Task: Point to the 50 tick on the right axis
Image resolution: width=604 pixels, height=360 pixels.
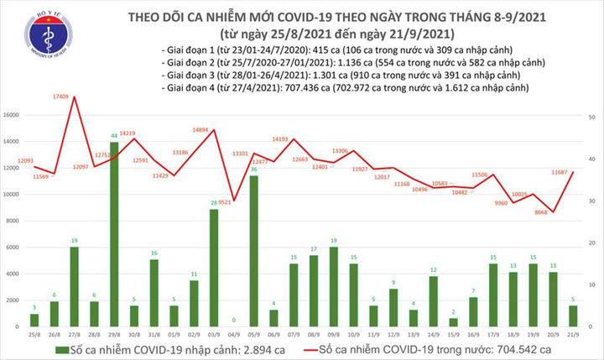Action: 592,118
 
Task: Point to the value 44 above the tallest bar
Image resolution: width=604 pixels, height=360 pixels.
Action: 114,135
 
